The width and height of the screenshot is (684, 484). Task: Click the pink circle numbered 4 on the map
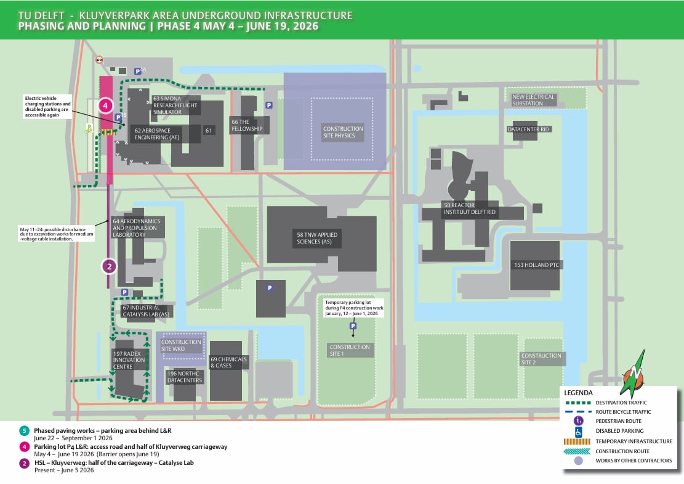105,105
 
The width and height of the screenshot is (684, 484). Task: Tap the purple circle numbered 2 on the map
109,266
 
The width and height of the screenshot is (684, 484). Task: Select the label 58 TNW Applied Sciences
317,238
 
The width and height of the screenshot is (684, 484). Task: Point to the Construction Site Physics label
343,132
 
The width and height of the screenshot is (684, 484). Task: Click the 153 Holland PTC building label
536,265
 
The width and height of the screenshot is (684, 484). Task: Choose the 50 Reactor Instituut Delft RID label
469,208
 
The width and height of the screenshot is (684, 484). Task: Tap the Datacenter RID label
528,129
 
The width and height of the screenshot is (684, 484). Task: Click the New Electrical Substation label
533,100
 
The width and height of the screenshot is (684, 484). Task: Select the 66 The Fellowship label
247,125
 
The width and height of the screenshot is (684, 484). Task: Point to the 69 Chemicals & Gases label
228,362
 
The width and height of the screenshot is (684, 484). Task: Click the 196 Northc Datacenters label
185,377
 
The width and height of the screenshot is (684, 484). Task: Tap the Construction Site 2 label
541,359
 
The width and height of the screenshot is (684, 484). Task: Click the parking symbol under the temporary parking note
353,326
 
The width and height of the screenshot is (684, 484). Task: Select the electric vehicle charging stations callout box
47,107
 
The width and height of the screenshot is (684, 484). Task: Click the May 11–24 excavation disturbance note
56,234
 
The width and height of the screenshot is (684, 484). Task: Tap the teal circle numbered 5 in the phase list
24,431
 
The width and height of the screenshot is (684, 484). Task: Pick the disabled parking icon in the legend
579,432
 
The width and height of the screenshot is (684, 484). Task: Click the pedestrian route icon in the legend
579,421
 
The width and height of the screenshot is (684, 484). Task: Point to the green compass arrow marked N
634,374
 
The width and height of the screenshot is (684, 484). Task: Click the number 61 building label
209,131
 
